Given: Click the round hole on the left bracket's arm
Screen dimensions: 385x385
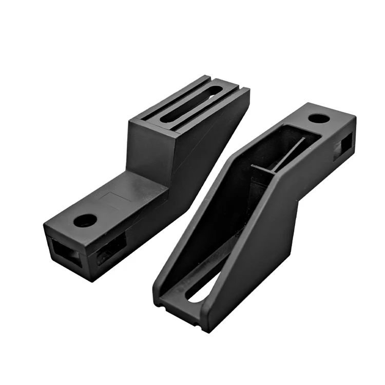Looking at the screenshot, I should [x=85, y=220].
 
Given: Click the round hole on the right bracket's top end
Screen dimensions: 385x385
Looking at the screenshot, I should [x=319, y=118].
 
